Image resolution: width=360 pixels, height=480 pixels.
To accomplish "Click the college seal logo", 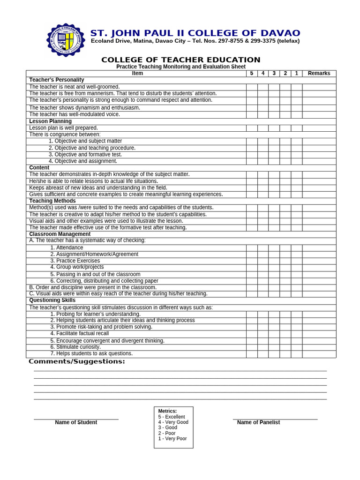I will [x=67, y=40].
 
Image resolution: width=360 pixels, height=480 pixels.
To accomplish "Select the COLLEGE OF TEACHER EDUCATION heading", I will [x=181, y=60].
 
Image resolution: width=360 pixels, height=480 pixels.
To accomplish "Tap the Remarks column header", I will [x=319, y=74].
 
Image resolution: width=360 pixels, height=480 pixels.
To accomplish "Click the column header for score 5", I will [x=252, y=74].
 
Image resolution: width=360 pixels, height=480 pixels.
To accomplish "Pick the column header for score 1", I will [x=296, y=74].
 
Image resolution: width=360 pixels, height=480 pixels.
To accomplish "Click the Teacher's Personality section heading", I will [x=57, y=80].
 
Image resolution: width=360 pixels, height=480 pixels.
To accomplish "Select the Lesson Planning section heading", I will [x=51, y=121].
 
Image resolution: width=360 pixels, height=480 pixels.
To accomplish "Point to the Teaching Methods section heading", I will [x=52, y=201].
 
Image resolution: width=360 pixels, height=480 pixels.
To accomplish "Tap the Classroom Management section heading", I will [x=60, y=234].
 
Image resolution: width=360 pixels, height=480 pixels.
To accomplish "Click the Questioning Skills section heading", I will [x=52, y=300].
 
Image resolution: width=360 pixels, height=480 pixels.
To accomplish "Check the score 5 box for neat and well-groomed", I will [x=252, y=87].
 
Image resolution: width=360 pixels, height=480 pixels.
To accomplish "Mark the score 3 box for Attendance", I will [x=274, y=247].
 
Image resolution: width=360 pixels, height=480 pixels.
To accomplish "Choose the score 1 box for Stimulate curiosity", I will [x=296, y=347].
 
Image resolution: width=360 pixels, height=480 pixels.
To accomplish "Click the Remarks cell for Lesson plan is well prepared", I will [x=319, y=128].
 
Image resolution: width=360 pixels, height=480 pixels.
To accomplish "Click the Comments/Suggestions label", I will [x=77, y=361].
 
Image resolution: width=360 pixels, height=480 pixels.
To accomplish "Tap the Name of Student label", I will [x=76, y=422].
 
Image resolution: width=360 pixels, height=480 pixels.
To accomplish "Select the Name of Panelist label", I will [x=258, y=422].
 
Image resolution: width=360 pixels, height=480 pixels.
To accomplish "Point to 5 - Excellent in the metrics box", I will [x=172, y=417].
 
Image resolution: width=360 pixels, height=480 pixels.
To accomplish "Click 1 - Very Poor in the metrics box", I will [x=172, y=439].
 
